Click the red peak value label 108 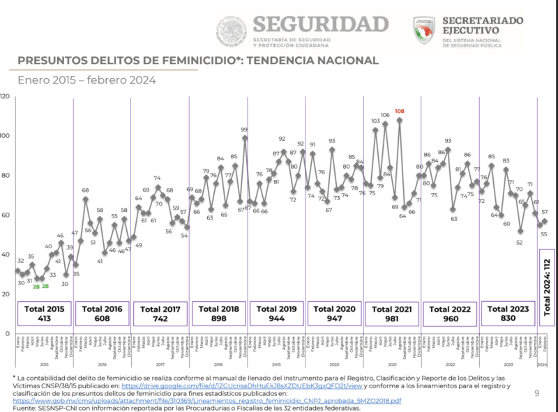pyautogui.click(x=400, y=112)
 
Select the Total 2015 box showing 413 pyautogui.click(x=45, y=313)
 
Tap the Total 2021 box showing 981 pyautogui.click(x=392, y=313)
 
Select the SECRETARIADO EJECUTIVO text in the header pyautogui.click(x=481, y=26)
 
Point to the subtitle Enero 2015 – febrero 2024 pyautogui.click(x=86, y=79)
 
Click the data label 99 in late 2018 pyautogui.click(x=244, y=129)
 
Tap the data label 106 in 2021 pyautogui.click(x=385, y=115)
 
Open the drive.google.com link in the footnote pyautogui.click(x=241, y=385)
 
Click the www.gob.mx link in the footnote pyautogui.click(x=207, y=401)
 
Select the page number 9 pyautogui.click(x=537, y=394)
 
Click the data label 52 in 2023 pyautogui.click(x=520, y=242)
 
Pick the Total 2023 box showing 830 pyautogui.click(x=508, y=313)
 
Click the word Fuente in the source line pyautogui.click(x=27, y=409)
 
